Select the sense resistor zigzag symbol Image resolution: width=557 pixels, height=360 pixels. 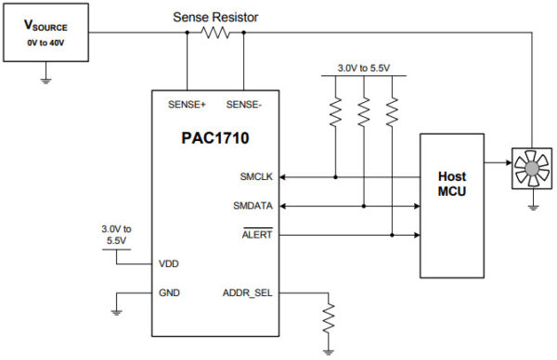tap(215, 32)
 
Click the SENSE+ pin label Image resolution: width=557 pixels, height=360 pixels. tap(188, 104)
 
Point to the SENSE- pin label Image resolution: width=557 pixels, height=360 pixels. tap(244, 104)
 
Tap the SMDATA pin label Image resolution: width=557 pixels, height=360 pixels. tap(251, 205)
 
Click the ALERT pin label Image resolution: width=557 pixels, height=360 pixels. tap(255, 235)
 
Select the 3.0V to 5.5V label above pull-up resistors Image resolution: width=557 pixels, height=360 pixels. tap(363, 67)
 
